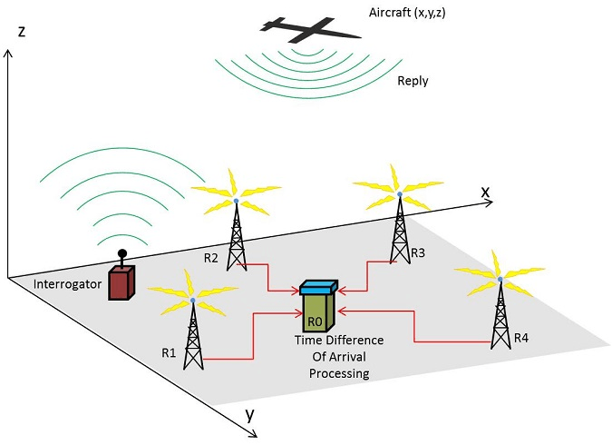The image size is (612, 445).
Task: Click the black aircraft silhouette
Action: coord(308,30)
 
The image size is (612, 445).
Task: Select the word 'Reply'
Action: coord(413,81)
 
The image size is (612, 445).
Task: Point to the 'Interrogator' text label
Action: coord(65,285)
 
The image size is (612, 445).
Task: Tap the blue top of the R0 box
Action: coord(317,288)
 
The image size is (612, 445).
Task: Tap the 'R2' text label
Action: coord(212,258)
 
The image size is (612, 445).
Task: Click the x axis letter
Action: coord(485,193)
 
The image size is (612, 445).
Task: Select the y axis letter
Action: coord(248,417)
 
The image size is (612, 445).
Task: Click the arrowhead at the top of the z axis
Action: coord(8,53)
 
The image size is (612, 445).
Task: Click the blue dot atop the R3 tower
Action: coord(398,193)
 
